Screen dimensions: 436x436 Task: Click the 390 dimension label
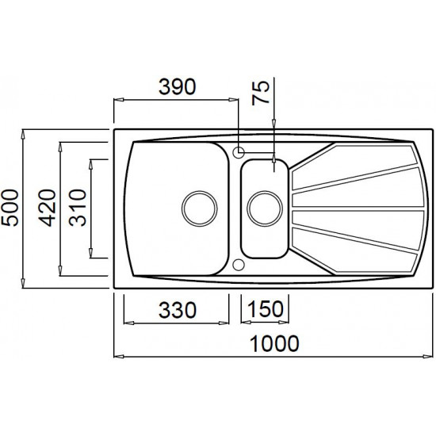tap(177, 86)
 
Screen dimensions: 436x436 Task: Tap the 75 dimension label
tap(261, 93)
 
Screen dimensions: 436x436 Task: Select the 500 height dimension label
tap(10, 208)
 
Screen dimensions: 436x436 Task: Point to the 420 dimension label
tap(47, 208)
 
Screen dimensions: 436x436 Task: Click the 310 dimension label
tap(78, 208)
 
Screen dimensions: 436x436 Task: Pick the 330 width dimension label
tap(178, 310)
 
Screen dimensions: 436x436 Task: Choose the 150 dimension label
tap(265, 309)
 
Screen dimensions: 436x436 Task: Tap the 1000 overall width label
tap(274, 344)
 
